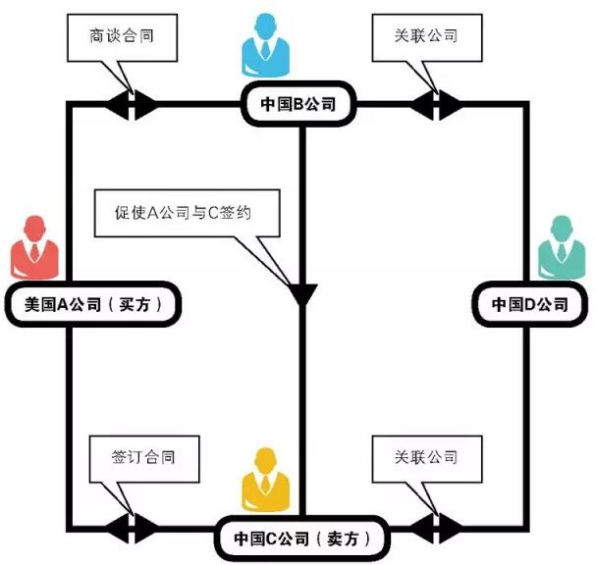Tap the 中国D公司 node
[529, 304]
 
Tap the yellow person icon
[264, 479]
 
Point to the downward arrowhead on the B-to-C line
[300, 291]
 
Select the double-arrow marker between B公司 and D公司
[437, 104]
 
